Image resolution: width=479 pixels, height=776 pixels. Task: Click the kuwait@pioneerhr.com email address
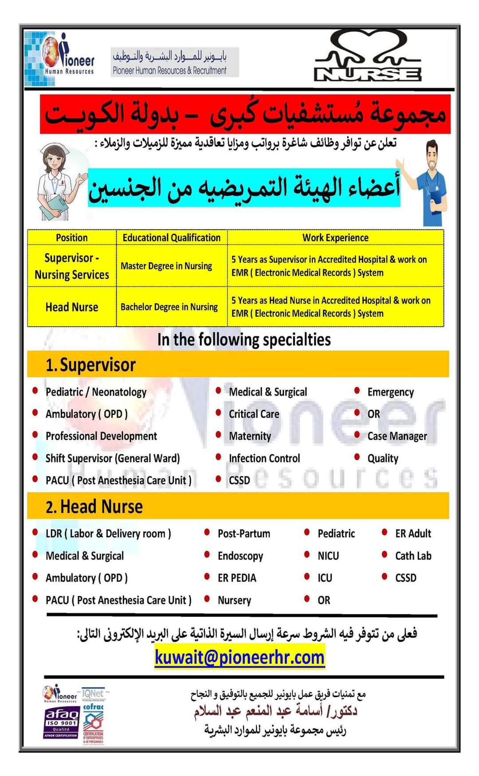point(239,657)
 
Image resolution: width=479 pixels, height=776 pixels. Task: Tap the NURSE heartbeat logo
point(368,57)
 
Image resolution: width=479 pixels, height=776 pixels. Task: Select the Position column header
point(71,238)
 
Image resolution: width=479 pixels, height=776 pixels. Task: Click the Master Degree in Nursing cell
point(166,266)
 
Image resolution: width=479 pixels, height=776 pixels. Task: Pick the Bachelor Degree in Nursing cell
point(169,307)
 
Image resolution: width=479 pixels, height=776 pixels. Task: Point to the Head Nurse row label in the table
point(72,307)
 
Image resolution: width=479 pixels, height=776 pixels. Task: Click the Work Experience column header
point(335,238)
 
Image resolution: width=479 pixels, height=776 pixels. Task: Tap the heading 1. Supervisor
point(91,365)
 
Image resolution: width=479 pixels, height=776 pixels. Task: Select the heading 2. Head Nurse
point(94,507)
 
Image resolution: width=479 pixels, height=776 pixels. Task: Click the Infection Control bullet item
point(264,458)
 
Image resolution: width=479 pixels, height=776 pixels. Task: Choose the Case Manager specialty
point(397,436)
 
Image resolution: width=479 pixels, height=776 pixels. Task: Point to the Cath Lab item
point(413,556)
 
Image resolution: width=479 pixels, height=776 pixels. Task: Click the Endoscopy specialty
point(240,556)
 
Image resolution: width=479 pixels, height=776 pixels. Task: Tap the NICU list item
point(328,556)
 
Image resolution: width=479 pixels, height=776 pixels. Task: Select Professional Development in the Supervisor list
point(101,436)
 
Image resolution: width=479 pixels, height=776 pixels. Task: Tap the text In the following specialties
point(244,340)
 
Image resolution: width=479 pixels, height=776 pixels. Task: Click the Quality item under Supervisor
point(383,458)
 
